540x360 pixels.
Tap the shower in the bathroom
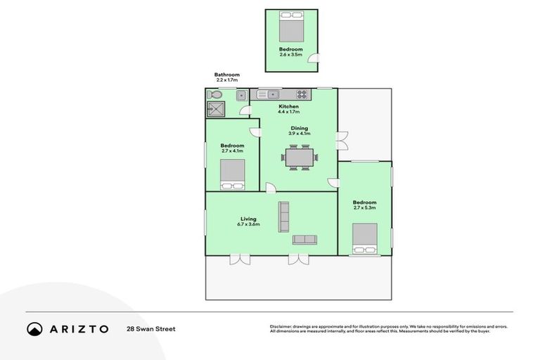(x=214, y=109)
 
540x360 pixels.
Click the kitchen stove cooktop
(x=303, y=94)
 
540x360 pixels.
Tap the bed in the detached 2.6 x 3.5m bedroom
(x=290, y=29)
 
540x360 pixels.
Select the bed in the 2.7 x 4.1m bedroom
(x=232, y=174)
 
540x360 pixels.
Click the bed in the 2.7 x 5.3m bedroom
(x=364, y=239)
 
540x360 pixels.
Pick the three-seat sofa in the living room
(x=283, y=217)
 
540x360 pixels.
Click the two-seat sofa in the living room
(x=304, y=240)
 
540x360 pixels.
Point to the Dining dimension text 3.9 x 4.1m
(x=299, y=134)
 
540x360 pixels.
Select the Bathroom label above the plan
(x=227, y=75)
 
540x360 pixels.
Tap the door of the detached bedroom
(x=317, y=60)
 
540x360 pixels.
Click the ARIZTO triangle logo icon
(x=34, y=328)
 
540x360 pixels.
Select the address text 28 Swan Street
(x=150, y=328)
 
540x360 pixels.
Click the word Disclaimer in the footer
(x=281, y=326)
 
